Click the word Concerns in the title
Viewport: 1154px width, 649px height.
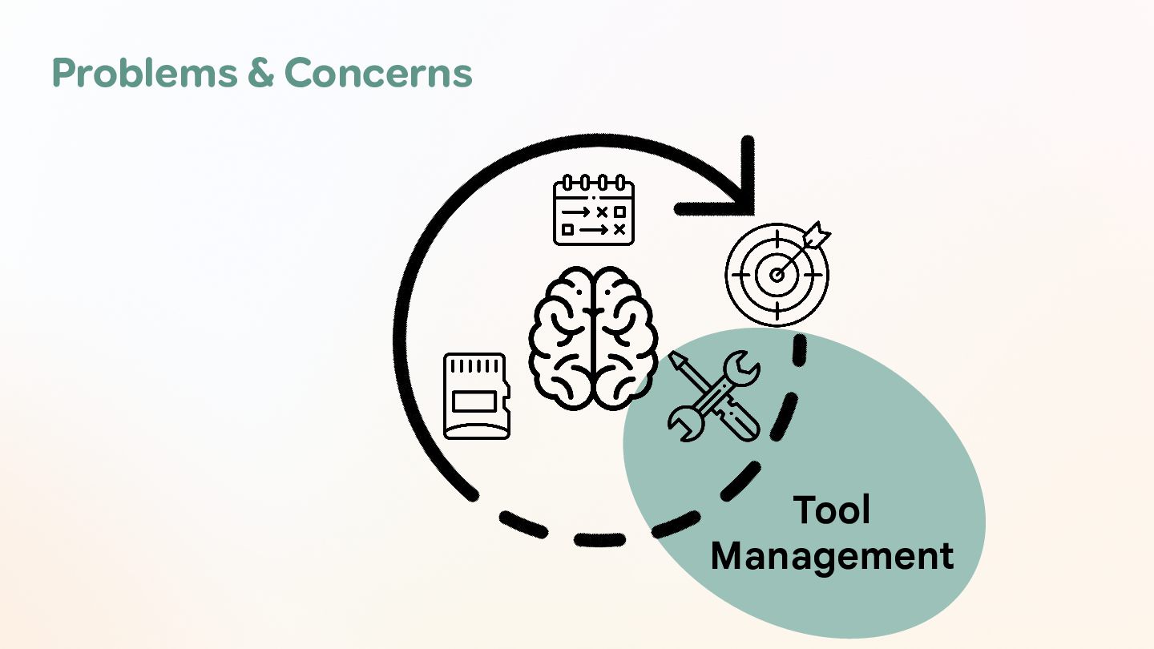tap(377, 73)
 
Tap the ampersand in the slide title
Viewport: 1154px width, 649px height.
tap(260, 73)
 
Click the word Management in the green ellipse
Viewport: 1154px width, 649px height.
tap(832, 555)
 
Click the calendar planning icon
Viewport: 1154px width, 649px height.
tap(593, 211)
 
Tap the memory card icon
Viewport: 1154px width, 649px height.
tap(477, 396)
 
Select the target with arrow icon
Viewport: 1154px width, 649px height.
tap(777, 272)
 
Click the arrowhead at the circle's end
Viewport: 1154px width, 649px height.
tap(741, 200)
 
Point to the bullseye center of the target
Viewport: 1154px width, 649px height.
tap(776, 275)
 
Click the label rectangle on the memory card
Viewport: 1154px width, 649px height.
tap(476, 401)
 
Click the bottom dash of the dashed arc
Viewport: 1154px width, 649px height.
tap(599, 541)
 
